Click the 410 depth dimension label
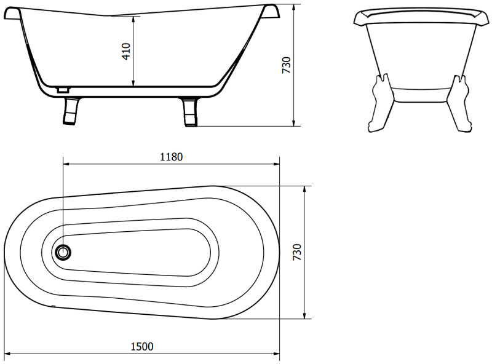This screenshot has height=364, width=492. (x=127, y=52)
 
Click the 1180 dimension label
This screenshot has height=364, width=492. (x=172, y=157)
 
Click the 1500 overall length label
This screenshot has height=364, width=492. (x=142, y=346)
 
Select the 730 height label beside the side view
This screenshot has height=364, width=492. (x=287, y=65)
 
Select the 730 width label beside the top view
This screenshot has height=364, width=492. (x=297, y=252)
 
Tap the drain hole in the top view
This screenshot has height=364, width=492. (x=63, y=252)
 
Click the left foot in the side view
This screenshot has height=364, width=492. (x=71, y=111)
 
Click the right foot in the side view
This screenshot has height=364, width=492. (x=190, y=113)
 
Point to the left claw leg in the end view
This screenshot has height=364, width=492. (x=380, y=103)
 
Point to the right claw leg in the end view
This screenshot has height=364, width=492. (x=459, y=103)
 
